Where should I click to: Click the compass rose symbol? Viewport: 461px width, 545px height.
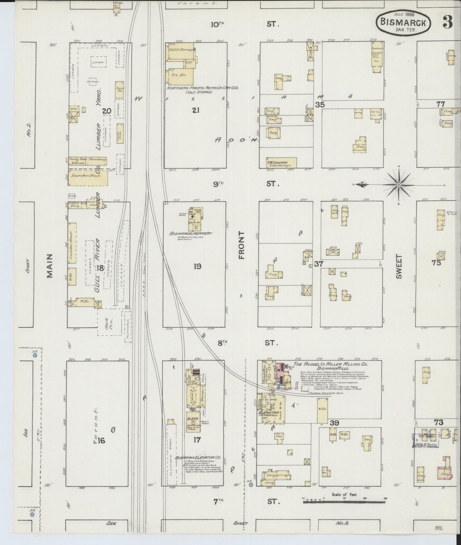coord(399,185)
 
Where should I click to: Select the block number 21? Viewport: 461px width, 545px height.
coord(196,110)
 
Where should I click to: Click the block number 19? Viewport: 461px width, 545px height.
coord(197,266)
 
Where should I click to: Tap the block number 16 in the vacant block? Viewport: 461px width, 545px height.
coord(101,441)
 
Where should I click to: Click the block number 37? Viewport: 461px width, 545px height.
coord(318,264)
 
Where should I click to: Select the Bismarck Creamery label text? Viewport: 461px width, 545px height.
coord(191,234)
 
